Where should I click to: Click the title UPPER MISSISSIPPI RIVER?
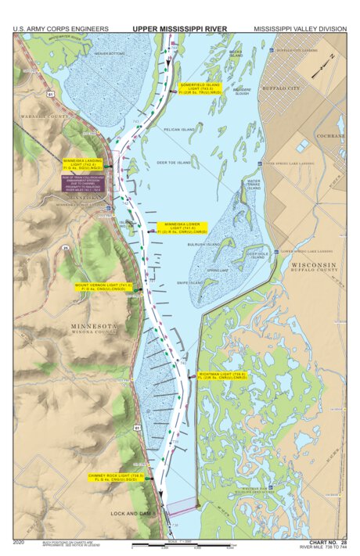[x=179, y=29]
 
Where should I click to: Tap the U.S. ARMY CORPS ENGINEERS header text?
[x=60, y=29]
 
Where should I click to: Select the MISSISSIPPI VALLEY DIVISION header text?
[x=299, y=29]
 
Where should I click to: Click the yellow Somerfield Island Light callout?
[x=199, y=88]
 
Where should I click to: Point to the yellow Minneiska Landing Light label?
[x=85, y=163]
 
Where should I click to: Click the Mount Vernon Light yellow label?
[x=103, y=287]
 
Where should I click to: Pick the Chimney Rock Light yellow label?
[x=116, y=477]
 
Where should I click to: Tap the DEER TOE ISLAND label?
[x=173, y=163]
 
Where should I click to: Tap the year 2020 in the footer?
[x=20, y=541]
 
